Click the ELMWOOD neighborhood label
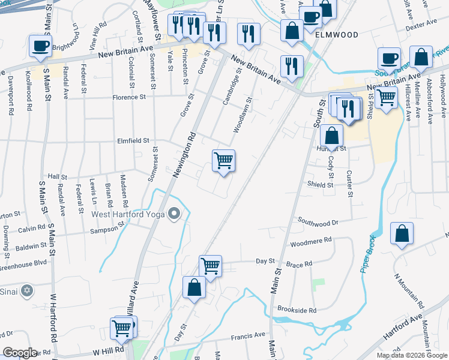tap(337, 35)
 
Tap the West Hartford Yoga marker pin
tap(175, 214)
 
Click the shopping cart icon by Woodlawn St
tap(223, 161)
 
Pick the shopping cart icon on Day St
tap(210, 266)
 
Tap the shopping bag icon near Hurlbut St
tap(331, 136)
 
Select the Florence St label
tap(128, 97)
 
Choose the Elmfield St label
tap(133, 140)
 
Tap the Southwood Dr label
tap(318, 221)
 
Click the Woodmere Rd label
tap(311, 241)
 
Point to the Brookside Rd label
tap(297, 310)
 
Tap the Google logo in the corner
tap(20, 353)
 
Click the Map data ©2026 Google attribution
tap(411, 355)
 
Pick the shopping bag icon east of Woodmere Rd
tap(402, 235)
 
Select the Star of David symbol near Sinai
tap(26, 292)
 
